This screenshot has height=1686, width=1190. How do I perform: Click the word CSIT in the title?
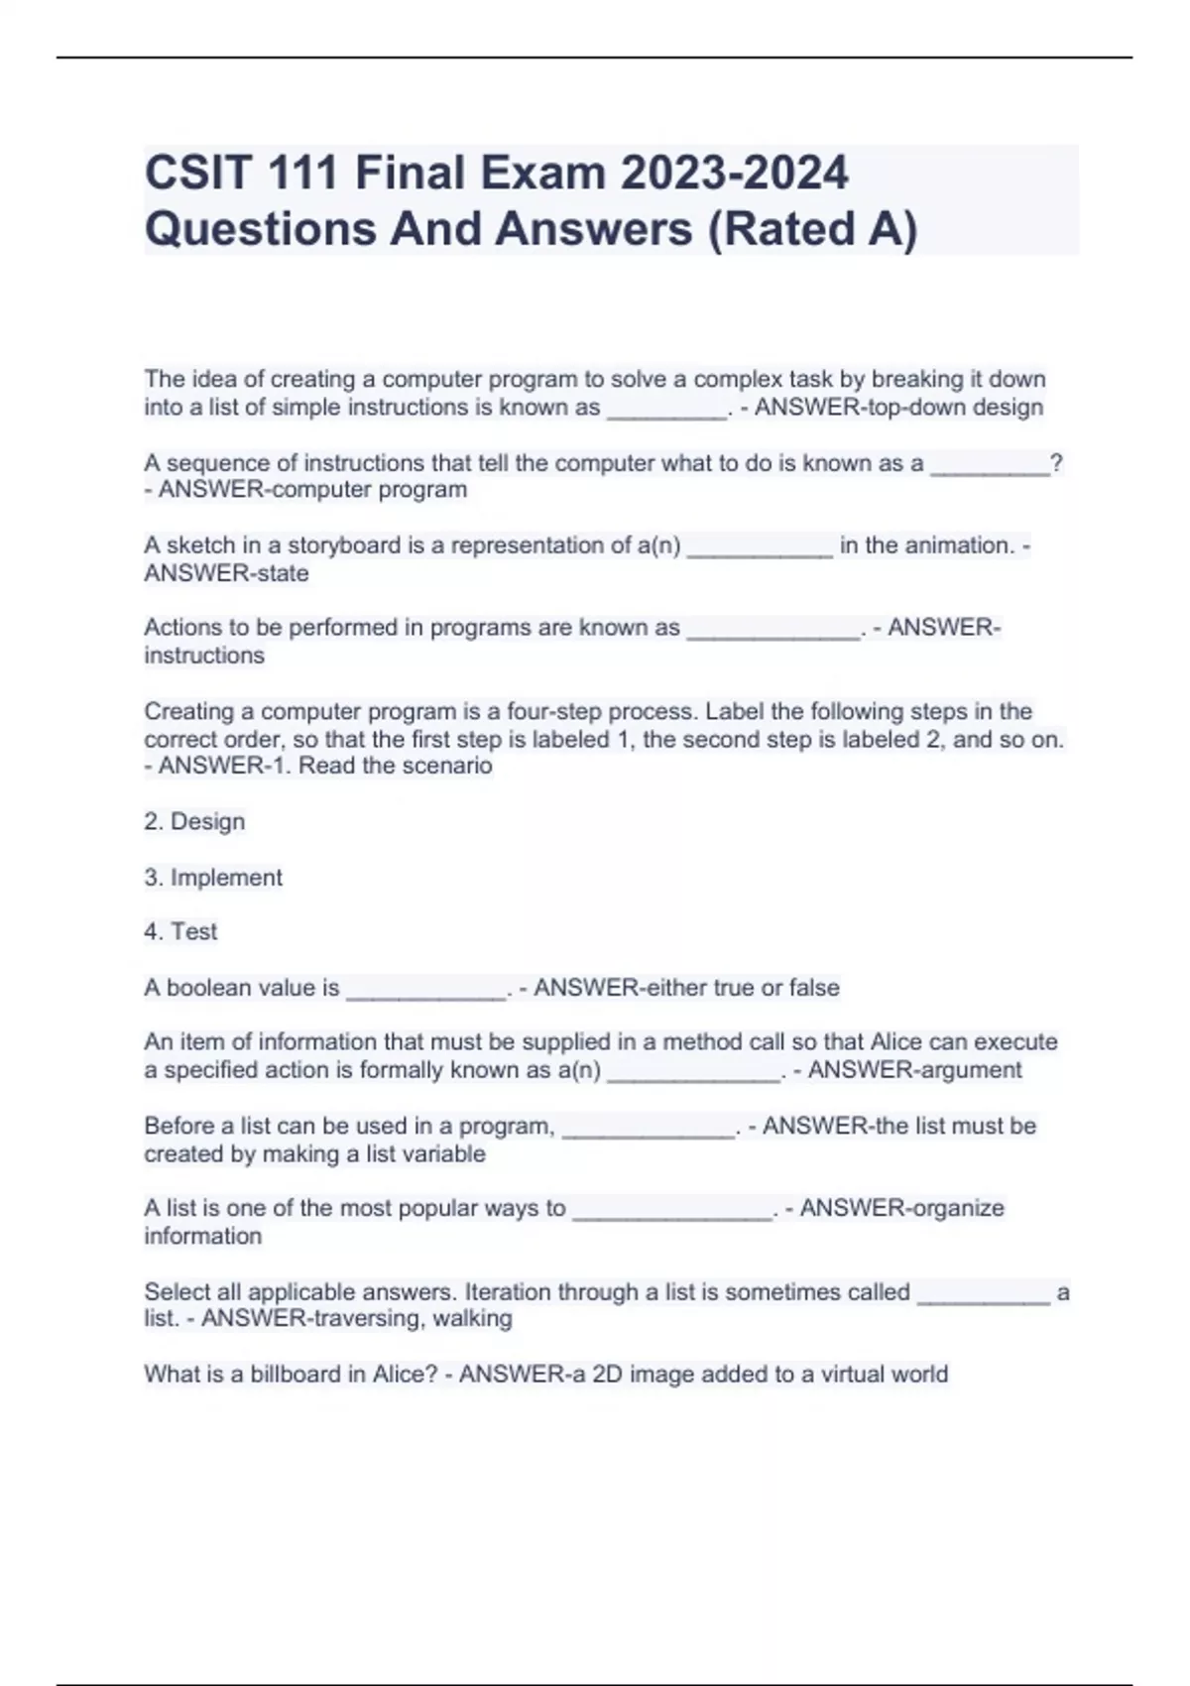coord(197,174)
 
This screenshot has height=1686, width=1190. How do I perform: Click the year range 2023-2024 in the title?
coord(734,174)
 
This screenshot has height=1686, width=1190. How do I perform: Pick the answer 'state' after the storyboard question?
coord(282,573)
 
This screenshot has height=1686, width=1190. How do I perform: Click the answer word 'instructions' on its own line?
coord(204,656)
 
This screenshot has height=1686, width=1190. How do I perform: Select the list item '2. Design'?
coord(194,822)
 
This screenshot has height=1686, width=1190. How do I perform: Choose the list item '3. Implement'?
coord(213,878)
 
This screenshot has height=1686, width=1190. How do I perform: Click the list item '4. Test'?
coord(180,932)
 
